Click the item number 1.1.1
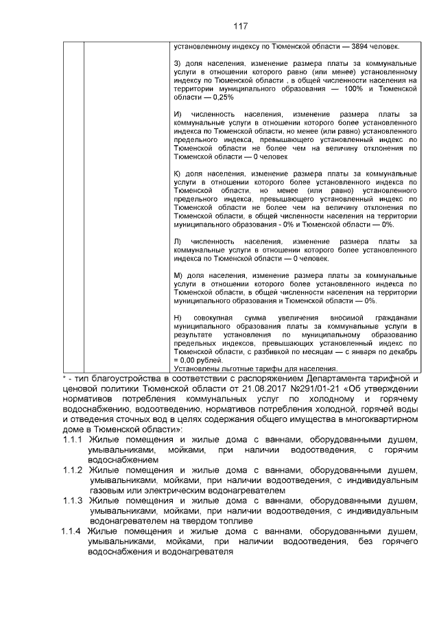coord(72,439)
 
